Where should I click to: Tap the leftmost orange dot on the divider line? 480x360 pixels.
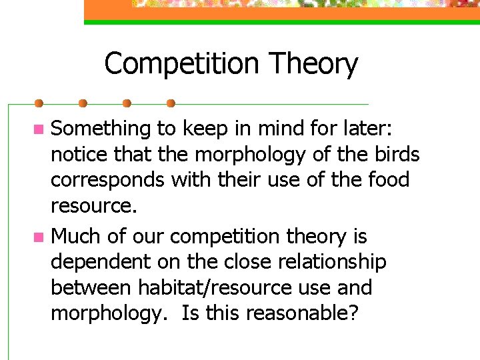[39, 103]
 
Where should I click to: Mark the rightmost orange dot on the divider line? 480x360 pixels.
[171, 103]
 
